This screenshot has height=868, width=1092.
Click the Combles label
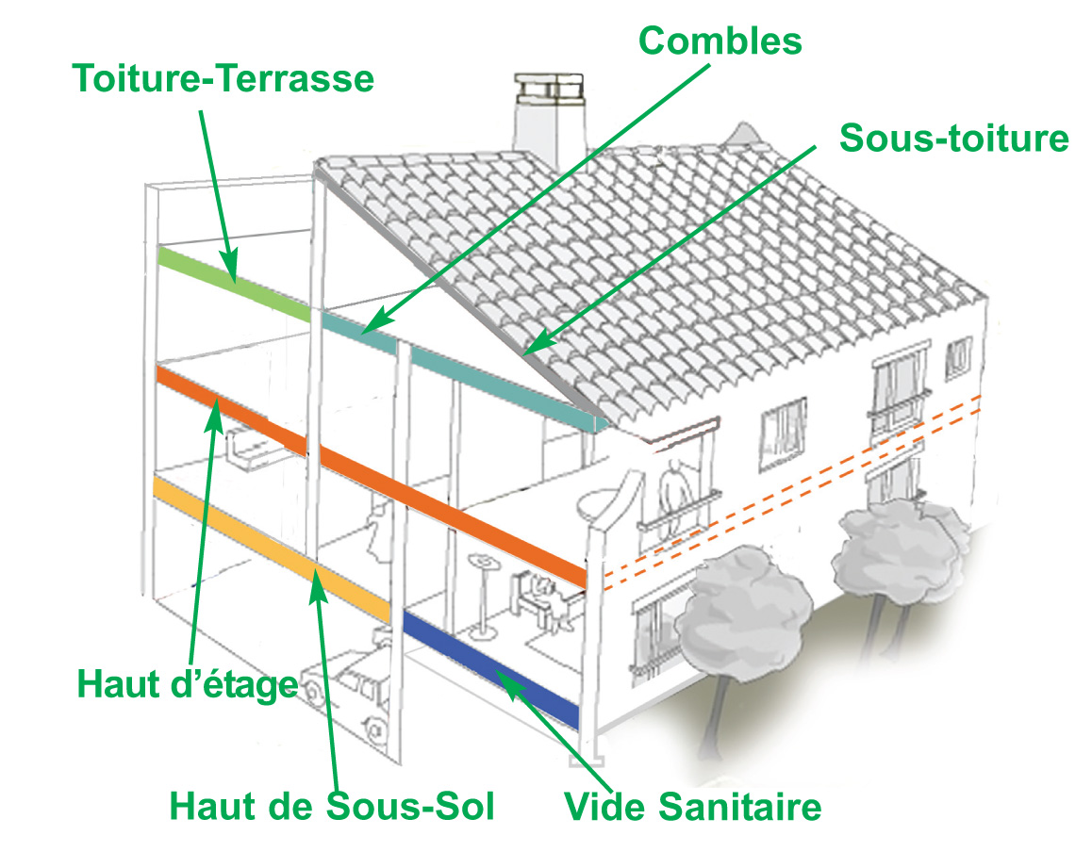[720, 40]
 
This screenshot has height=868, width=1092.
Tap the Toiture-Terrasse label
[223, 79]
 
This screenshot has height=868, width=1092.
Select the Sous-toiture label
[954, 139]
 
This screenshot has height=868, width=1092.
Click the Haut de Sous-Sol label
[332, 806]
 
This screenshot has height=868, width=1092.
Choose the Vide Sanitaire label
[692, 807]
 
